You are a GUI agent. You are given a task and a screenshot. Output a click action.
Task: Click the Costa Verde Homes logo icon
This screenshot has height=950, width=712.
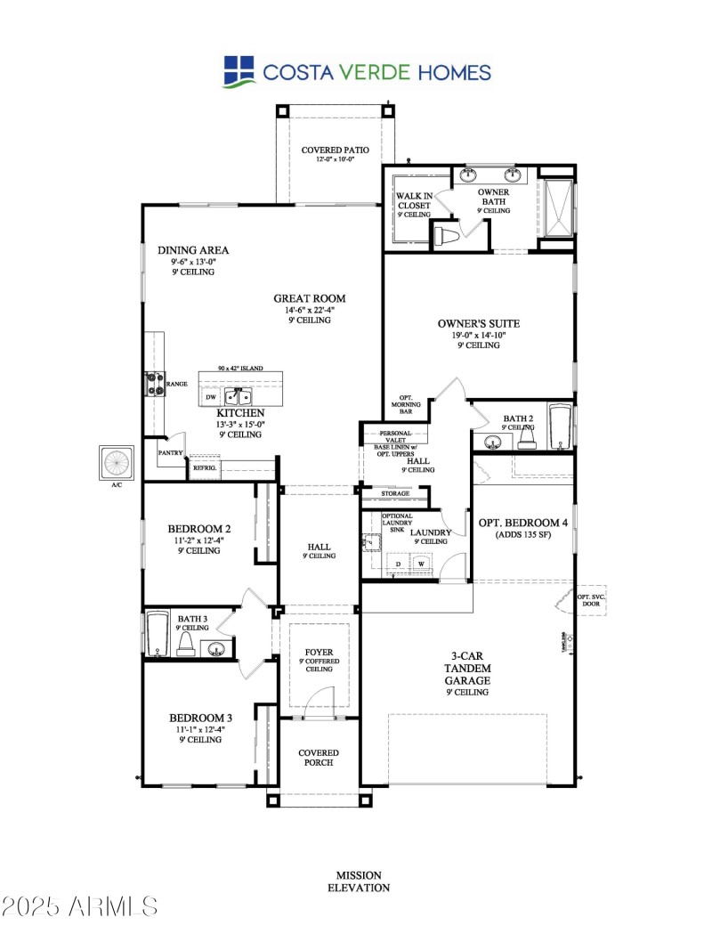point(238,71)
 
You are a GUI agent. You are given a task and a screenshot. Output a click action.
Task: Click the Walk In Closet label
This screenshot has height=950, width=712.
point(414,205)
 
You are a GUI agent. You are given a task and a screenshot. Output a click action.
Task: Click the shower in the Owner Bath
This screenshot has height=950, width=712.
point(556,209)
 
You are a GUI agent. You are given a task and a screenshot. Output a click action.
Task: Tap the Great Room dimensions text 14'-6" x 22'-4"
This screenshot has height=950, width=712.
point(309,310)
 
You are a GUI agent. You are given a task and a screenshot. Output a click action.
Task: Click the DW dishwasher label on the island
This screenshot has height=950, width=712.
point(211,397)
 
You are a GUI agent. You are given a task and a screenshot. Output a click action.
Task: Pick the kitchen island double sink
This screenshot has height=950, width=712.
point(238,396)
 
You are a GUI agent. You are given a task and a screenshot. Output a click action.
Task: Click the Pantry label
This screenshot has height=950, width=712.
point(170,452)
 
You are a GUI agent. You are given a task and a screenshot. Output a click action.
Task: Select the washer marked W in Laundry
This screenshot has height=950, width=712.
point(420,563)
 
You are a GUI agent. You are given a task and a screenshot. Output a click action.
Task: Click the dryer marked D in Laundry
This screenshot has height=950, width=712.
point(397,563)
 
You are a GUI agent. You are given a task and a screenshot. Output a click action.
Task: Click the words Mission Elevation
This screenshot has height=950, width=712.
point(359,881)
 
